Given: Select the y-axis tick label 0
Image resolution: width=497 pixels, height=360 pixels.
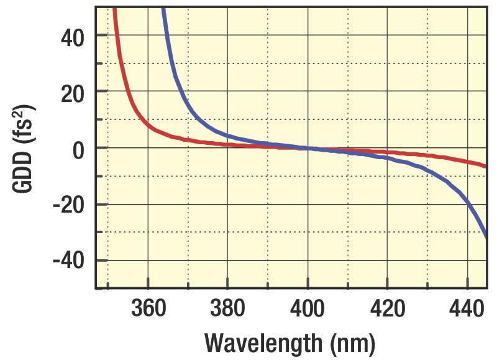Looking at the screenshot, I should click(x=79, y=148).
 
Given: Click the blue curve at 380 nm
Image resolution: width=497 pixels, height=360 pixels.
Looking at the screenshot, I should click(x=227, y=136).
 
